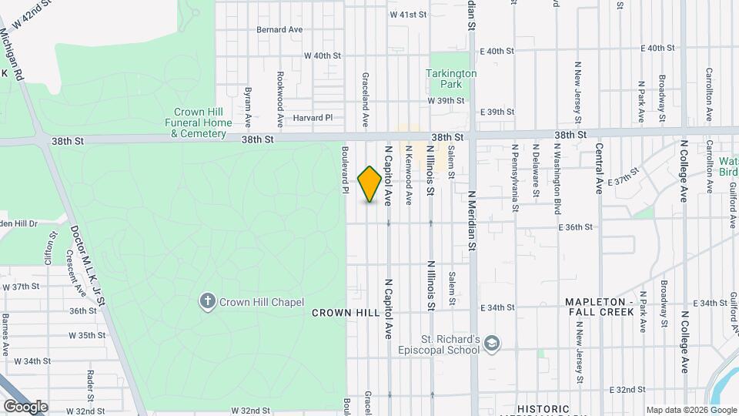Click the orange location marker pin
tap(370, 184)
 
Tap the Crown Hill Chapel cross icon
tap(207, 301)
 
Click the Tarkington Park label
tap(451, 79)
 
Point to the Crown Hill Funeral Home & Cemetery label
tap(199, 122)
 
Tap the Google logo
tap(25, 406)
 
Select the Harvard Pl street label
tap(312, 118)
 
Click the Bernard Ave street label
tap(279, 29)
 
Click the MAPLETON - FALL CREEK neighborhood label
tap(601, 307)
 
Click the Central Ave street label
tap(599, 168)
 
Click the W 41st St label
tap(408, 15)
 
